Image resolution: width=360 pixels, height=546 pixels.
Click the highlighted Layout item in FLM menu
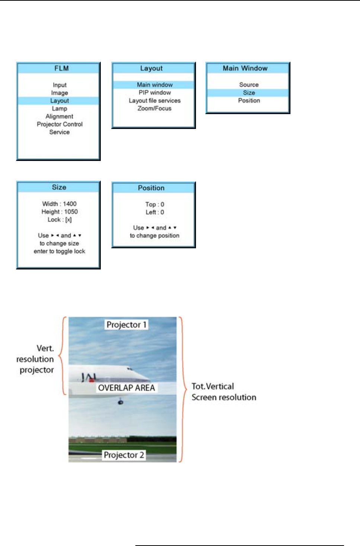pos(60,101)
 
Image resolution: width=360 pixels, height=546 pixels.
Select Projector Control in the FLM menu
pos(60,124)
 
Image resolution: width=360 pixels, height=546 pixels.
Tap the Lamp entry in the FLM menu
pos(60,109)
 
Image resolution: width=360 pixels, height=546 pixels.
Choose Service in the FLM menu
pos(60,132)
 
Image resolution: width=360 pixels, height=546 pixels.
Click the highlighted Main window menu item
pos(154,85)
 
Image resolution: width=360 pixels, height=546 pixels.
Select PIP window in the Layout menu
pos(155,93)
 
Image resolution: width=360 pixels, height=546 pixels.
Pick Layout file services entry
pos(155,100)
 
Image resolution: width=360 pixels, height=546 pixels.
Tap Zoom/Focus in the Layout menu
pos(154,109)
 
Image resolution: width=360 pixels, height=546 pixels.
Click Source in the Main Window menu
pos(249,85)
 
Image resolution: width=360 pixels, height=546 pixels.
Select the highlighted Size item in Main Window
pos(249,93)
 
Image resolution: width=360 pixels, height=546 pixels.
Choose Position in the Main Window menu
pos(249,100)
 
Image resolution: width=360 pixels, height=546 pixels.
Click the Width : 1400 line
pos(60,204)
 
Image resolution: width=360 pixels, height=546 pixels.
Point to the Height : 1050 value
pos(60,212)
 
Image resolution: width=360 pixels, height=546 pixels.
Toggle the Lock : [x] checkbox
pos(68,220)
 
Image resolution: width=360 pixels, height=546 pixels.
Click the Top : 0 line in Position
pos(155,204)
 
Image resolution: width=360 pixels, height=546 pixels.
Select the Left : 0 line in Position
pos(155,212)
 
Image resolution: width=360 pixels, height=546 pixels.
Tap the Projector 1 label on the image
pos(126,324)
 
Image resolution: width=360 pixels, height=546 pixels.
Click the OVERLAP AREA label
pos(126,388)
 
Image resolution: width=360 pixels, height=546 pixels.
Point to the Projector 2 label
pos(124,455)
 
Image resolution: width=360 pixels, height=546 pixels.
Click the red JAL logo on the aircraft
pos(90,379)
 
